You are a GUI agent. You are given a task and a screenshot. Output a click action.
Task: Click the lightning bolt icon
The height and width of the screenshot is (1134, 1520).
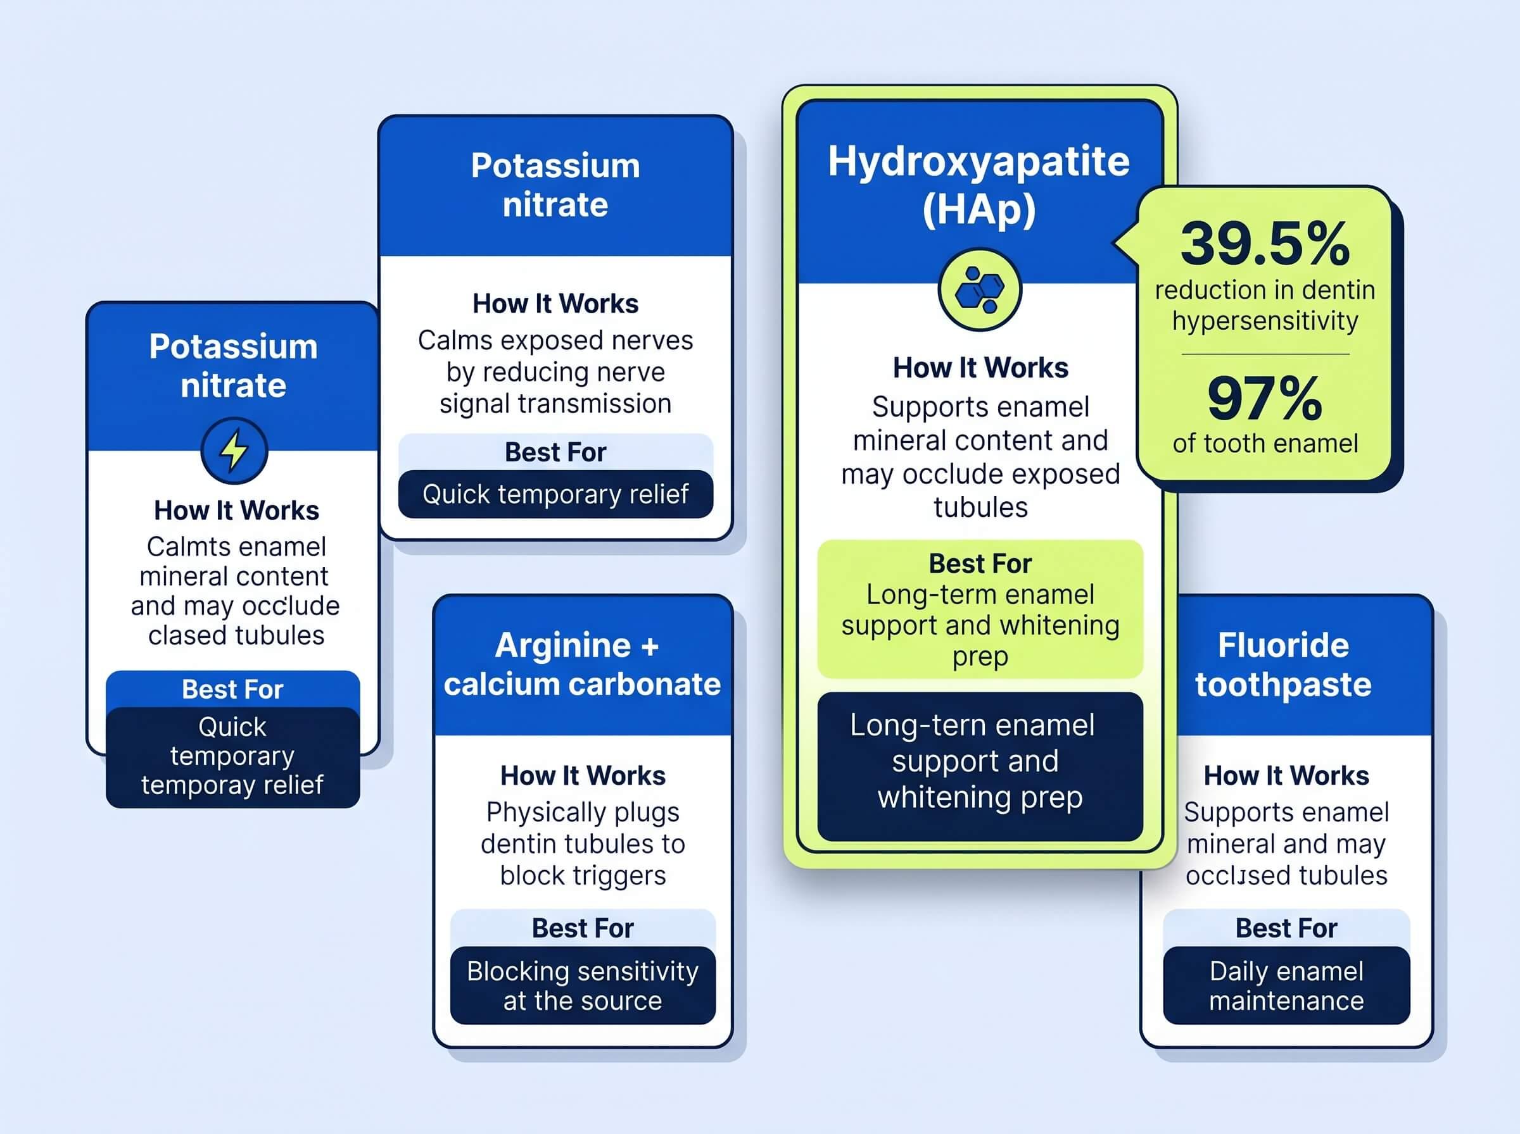pos(234,451)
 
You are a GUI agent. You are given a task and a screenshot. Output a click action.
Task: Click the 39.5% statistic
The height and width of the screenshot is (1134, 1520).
pos(1265,244)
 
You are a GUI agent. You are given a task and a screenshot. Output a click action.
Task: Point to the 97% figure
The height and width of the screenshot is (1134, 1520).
pos(1265,398)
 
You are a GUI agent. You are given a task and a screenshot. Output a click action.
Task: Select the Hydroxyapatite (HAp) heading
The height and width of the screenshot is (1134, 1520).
pos(978,185)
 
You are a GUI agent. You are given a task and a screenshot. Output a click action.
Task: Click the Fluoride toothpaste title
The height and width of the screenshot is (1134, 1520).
pos(1283,664)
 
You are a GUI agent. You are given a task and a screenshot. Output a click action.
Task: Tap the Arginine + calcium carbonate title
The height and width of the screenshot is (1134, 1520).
pos(583,664)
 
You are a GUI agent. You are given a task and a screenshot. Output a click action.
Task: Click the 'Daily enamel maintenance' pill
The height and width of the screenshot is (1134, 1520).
pos(1286,986)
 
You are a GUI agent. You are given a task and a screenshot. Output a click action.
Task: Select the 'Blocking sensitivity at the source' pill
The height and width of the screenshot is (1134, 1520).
pos(583,986)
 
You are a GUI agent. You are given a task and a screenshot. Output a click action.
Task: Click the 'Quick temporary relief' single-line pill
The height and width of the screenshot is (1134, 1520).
pos(555,494)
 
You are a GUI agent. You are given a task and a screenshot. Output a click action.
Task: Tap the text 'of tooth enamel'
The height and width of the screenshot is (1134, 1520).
pos(1265,444)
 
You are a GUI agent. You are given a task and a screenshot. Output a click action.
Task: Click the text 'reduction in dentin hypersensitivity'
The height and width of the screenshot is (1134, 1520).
pos(1265,306)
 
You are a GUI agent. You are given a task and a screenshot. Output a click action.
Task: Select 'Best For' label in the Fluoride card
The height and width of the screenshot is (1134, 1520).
pos(1286,928)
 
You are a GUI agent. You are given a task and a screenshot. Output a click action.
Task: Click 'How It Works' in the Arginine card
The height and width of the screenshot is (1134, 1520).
pos(583,776)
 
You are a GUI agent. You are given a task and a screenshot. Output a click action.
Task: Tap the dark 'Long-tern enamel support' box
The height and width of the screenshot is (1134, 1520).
pos(980,767)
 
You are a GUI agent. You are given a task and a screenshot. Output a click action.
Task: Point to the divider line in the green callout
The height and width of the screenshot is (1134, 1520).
pos(1265,354)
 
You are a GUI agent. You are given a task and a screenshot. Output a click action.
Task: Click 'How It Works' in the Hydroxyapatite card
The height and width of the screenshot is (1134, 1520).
pos(980,368)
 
